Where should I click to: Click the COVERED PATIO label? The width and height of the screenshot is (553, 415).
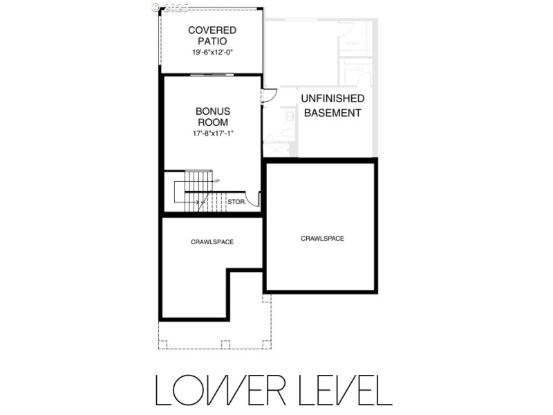tap(212, 36)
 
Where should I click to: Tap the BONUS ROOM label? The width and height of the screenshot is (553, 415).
tap(212, 117)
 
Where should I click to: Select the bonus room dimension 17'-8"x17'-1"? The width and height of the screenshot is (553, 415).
tap(212, 133)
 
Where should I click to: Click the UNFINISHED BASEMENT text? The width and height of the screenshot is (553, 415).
tap(332, 107)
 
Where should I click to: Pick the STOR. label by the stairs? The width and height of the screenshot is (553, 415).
tap(236, 203)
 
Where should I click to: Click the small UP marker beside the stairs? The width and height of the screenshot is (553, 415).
tap(217, 181)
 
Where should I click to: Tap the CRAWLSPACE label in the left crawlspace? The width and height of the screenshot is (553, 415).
tap(212, 242)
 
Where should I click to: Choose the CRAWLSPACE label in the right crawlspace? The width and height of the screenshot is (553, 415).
tap(322, 238)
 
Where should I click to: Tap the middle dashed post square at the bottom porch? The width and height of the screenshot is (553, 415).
tap(225, 344)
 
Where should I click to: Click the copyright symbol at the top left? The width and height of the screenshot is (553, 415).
tap(155, 8)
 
